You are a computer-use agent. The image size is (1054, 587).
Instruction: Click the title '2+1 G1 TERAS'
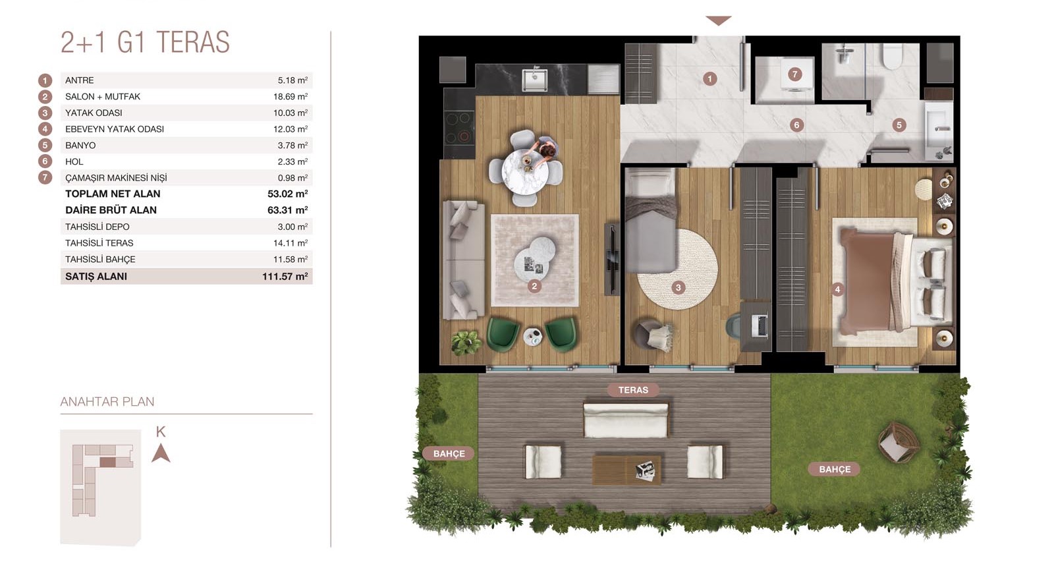tap(145, 42)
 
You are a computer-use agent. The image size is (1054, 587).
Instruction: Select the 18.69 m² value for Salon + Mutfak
tap(291, 96)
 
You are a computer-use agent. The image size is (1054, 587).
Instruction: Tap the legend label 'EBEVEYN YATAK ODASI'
tap(115, 129)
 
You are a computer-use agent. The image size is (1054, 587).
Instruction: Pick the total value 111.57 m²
tap(285, 276)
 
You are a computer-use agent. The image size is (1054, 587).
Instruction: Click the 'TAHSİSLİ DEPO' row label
tap(97, 227)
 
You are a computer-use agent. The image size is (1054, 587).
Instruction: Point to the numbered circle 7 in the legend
tap(45, 178)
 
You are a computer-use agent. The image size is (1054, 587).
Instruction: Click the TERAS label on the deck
tap(633, 390)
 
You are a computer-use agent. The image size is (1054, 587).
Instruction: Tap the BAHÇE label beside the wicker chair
tap(834, 469)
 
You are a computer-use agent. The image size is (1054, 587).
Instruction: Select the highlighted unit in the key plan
tap(108, 462)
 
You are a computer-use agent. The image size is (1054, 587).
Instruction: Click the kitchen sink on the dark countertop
tap(534, 80)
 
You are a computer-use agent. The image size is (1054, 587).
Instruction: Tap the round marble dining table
tap(525, 172)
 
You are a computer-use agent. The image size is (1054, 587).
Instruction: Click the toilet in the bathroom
tap(891, 57)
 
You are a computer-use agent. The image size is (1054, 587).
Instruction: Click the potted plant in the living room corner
tap(466, 342)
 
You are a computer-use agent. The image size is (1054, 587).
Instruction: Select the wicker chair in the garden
tap(899, 443)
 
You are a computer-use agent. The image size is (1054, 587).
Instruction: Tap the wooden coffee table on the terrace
tap(626, 469)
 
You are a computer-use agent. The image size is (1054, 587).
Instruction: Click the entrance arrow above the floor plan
tap(719, 20)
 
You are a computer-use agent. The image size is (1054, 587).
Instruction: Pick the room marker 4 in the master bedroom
tap(837, 289)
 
